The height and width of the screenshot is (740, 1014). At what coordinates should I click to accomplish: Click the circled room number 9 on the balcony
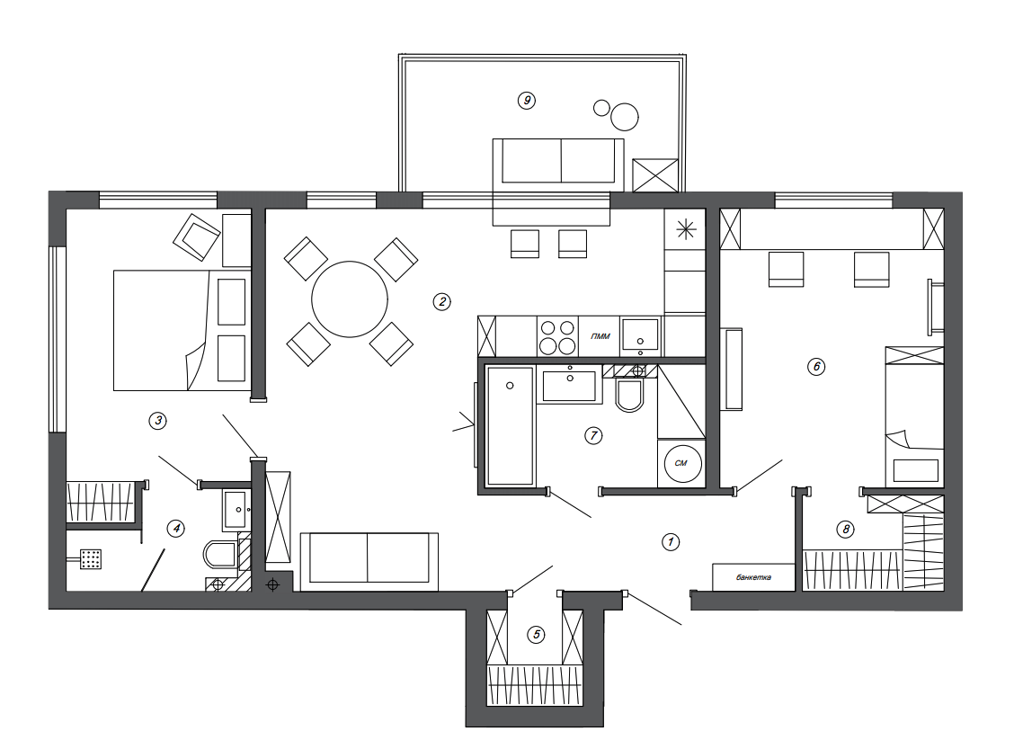527,101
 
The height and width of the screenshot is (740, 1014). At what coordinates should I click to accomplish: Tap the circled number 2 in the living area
441,301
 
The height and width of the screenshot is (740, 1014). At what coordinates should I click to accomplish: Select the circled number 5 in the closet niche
536,635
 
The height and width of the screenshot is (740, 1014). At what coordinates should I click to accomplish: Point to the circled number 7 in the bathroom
593,436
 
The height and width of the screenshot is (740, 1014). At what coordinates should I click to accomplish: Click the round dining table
349,299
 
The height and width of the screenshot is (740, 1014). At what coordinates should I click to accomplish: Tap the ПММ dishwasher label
600,336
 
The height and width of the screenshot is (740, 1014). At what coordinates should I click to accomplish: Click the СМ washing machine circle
683,463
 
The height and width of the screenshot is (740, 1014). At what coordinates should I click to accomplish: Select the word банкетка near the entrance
753,577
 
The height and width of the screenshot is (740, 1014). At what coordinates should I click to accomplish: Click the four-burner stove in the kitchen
557,336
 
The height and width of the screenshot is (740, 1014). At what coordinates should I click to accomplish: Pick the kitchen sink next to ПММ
639,335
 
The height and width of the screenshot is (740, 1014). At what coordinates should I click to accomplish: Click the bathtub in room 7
511,425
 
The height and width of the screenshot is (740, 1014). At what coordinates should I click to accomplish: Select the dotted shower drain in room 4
91,559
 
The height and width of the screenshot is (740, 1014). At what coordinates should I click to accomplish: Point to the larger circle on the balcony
625,117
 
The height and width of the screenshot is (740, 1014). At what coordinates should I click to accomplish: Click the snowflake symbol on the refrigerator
686,229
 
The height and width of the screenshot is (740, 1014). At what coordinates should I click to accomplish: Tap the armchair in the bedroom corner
197,237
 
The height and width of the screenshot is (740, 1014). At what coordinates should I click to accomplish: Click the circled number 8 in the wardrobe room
845,530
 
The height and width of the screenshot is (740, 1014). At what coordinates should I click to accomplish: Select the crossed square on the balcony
655,175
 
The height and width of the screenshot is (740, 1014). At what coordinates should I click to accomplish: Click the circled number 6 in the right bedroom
816,367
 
